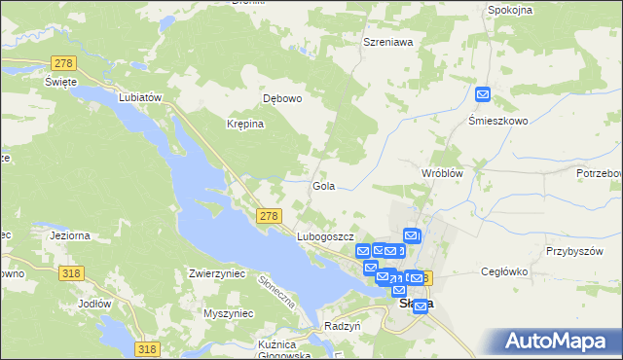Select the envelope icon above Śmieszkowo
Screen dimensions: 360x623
[x=484, y=95]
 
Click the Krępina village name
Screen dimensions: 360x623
[x=245, y=124]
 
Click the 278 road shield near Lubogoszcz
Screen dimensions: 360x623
[x=270, y=216]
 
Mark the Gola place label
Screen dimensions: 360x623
[x=324, y=185]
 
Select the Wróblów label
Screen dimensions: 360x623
[x=440, y=172]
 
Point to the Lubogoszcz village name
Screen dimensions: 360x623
[x=324, y=236]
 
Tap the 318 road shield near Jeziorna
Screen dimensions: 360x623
[x=69, y=274]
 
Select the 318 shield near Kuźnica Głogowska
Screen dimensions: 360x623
[x=147, y=349]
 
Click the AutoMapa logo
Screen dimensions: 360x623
[x=561, y=341]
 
